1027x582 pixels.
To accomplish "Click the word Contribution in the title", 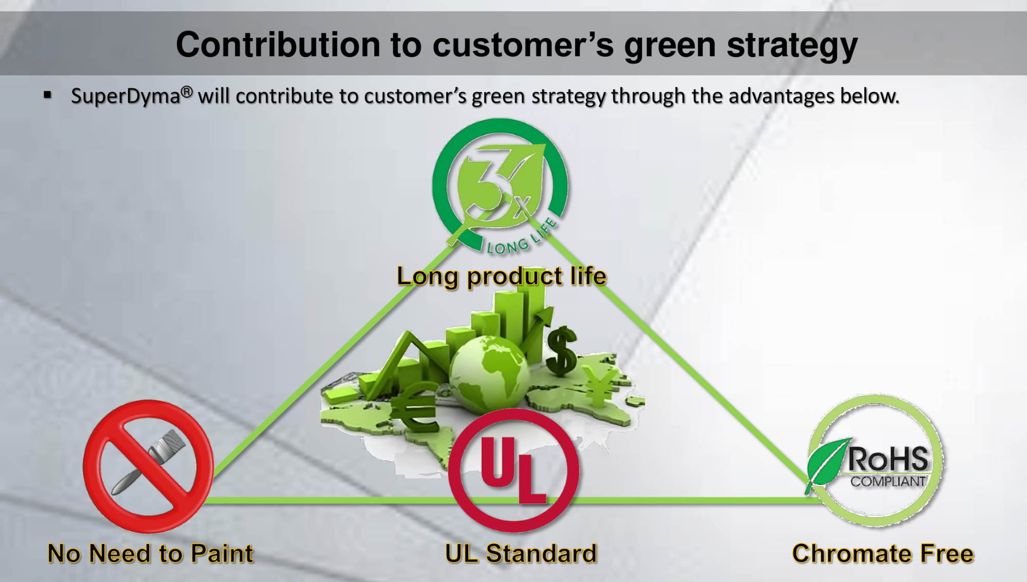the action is pyautogui.click(x=278, y=44).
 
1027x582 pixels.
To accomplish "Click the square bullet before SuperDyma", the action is pyautogui.click(x=48, y=95).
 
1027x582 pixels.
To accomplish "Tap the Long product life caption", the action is pyautogui.click(x=502, y=276).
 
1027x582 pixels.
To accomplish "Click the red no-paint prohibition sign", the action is pyautogui.click(x=148, y=466).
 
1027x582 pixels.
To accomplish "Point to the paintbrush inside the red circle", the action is pyautogui.click(x=149, y=461).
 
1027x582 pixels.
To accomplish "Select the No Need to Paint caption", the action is pyautogui.click(x=150, y=554).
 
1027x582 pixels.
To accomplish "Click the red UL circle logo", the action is pyautogui.click(x=513, y=470).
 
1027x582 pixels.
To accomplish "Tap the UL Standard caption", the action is pyautogui.click(x=521, y=554).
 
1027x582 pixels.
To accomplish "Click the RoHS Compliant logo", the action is pyautogui.click(x=876, y=461).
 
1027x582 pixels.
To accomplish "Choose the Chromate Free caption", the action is pyautogui.click(x=883, y=554).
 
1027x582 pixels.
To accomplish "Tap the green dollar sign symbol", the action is pyautogui.click(x=562, y=350).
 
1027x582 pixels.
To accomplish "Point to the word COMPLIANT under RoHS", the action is pyautogui.click(x=888, y=481).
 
